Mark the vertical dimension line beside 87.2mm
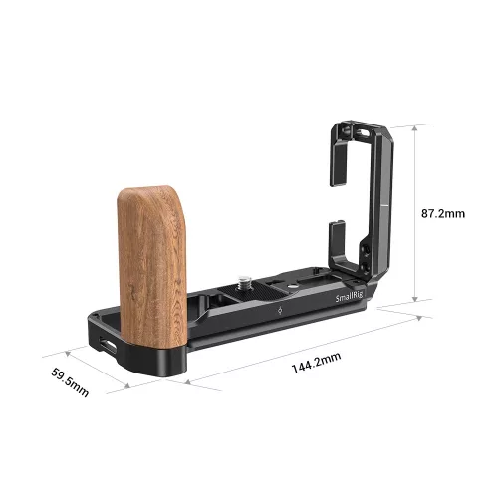(x=405, y=212)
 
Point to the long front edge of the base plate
(x=279, y=334)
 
